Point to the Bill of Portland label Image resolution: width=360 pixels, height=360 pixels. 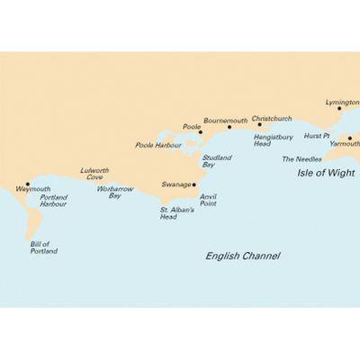point(44,247)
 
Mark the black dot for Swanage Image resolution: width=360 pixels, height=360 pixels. point(194,184)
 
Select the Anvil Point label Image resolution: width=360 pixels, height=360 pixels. point(208,201)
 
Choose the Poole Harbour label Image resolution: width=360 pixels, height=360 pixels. point(157,144)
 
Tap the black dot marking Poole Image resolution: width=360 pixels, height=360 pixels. point(199,133)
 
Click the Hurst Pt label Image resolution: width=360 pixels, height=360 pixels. point(316,136)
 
